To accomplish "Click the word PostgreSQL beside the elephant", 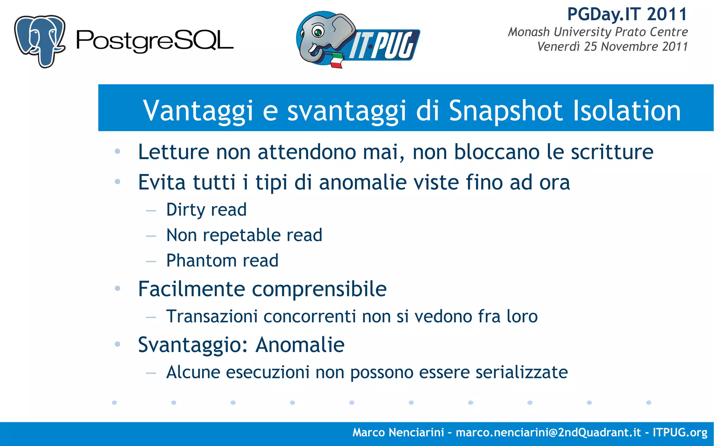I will click(x=154, y=41).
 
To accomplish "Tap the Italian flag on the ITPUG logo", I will click(x=336, y=61).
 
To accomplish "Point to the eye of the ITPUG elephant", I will click(x=318, y=32).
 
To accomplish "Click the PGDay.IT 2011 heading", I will click(x=627, y=15).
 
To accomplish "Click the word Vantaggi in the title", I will click(x=198, y=111).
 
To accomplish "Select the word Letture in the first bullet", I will click(x=173, y=152).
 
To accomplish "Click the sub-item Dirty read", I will click(x=206, y=210).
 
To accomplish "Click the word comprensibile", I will click(x=319, y=289).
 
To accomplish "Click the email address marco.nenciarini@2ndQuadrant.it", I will click(x=548, y=432).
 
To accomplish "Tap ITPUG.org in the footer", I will click(x=680, y=432).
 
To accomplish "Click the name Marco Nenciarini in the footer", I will click(x=398, y=432).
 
